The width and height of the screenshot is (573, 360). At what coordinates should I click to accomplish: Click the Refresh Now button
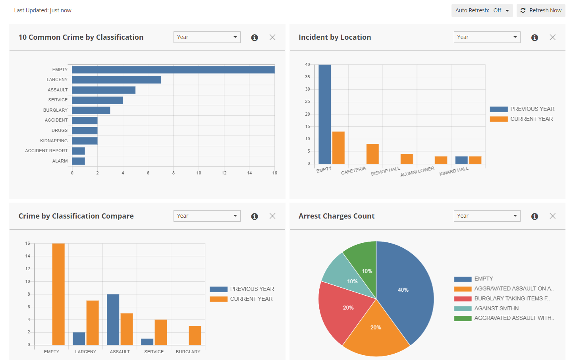(541, 10)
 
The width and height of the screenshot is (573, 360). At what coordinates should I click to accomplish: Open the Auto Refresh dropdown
(482, 10)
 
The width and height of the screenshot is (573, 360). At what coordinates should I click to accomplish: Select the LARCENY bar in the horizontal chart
(116, 80)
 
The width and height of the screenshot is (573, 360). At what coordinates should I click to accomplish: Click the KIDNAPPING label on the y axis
(54, 141)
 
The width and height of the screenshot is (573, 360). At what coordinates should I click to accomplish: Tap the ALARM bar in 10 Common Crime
(78, 161)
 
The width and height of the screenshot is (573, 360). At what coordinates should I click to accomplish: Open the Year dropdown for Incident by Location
(487, 37)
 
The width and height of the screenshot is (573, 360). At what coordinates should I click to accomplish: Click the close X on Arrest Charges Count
(552, 216)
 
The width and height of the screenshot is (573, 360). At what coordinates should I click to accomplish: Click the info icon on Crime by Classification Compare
(255, 216)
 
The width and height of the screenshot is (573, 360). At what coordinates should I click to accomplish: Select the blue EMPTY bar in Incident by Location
(324, 114)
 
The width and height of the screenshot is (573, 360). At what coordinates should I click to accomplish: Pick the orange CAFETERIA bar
(372, 154)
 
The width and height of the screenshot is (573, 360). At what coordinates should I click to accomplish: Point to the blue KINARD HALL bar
(461, 160)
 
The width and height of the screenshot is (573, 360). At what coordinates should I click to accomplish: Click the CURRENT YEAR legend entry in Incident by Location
(531, 119)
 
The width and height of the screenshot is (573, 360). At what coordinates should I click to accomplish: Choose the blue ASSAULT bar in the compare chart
(113, 319)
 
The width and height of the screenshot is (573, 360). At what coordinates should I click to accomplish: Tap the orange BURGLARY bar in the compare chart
(195, 335)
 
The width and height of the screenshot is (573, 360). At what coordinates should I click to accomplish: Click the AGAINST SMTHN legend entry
(496, 308)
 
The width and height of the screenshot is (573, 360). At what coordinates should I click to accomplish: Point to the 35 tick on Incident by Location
(307, 77)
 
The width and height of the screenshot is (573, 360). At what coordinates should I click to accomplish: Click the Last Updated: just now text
(43, 10)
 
